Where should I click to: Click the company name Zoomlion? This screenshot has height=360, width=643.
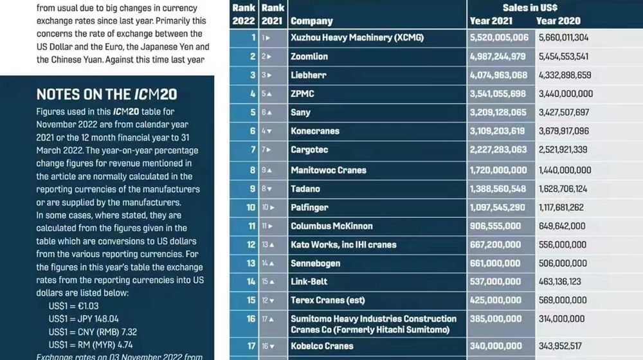point(309,57)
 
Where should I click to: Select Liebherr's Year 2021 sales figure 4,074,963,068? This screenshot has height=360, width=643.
point(499,75)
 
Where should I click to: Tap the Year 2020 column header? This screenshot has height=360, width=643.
point(557,21)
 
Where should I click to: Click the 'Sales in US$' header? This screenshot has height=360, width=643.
point(530,7)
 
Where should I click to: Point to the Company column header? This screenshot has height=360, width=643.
point(312,21)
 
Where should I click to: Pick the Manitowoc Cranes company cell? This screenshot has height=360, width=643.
point(329,170)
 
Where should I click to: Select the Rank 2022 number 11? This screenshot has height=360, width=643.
point(251,226)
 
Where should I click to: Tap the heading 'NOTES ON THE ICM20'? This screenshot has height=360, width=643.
point(107,94)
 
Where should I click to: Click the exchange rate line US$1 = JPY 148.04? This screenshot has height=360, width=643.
point(84,319)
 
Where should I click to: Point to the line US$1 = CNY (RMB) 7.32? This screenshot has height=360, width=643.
point(93,332)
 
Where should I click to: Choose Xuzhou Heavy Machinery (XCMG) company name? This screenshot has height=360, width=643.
point(357,38)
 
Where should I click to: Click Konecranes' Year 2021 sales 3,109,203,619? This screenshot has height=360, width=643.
point(498,131)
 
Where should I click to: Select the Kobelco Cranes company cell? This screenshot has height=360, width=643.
point(322,346)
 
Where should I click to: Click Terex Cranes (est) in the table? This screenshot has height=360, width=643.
point(328,300)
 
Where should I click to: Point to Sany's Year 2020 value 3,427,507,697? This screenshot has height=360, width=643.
point(563,113)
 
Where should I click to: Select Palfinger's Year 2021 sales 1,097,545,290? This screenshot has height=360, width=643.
point(498,208)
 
